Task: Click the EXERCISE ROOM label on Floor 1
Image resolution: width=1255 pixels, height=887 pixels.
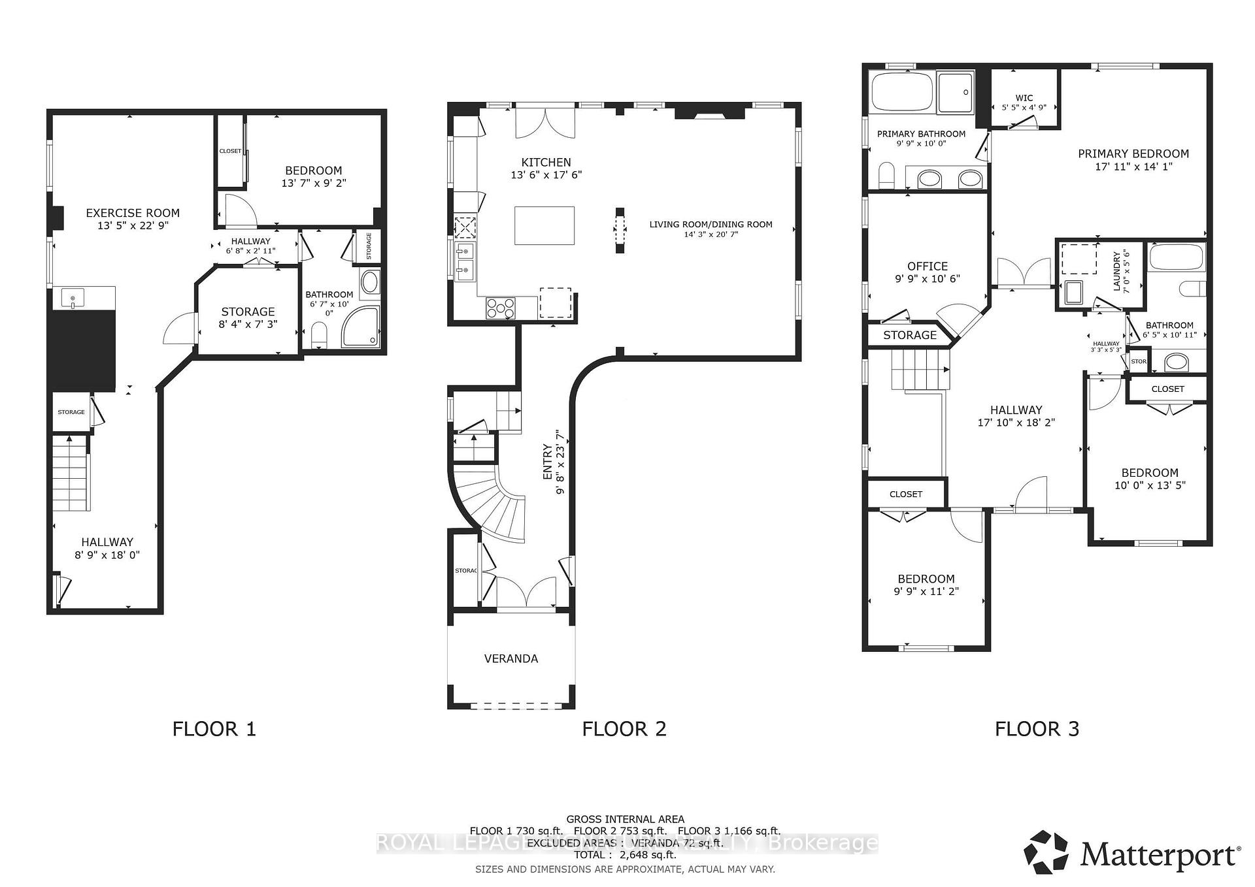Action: pos(133,213)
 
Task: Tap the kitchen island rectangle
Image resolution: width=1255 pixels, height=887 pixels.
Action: pos(544,225)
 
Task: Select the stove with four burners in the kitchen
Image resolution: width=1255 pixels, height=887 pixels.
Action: pos(501,308)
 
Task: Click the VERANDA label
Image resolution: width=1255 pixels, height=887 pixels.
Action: pos(511,658)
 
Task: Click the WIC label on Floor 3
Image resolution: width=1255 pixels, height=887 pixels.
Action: pos(1024,98)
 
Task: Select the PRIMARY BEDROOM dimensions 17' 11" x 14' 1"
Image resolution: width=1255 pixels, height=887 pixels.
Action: pos(1133,167)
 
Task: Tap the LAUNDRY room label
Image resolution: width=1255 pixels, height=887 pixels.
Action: pos(1117,272)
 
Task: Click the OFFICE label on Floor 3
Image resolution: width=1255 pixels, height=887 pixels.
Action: pos(927,266)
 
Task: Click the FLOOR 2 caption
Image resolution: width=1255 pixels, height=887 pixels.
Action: pos(624,729)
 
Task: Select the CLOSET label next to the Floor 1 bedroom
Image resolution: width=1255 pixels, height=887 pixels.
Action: pos(230,151)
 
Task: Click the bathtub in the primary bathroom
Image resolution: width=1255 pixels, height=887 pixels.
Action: pos(902,93)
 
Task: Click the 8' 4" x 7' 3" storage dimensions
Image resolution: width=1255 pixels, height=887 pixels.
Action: pos(248,324)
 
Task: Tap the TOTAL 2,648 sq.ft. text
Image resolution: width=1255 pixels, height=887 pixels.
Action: pos(624,855)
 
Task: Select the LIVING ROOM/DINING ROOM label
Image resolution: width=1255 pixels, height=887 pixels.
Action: pos(711,224)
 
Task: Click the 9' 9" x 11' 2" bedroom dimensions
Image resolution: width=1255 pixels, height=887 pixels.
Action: pos(926,591)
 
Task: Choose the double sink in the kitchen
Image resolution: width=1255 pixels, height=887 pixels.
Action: pos(464,259)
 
